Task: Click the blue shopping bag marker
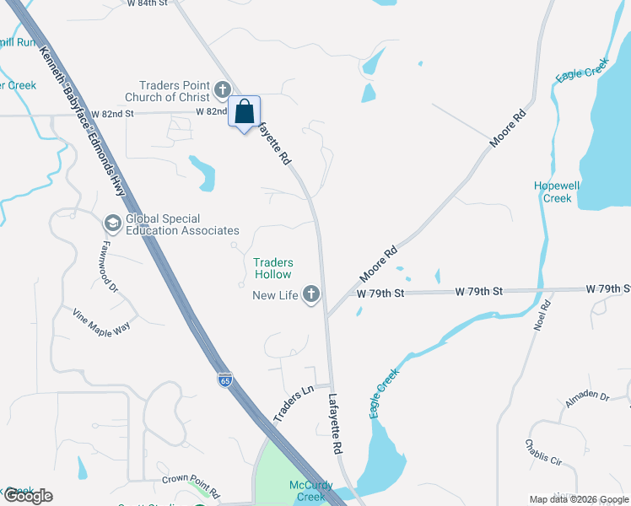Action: click(244, 112)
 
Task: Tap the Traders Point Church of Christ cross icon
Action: click(223, 89)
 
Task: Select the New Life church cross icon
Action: click(311, 294)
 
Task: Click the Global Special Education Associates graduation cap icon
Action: click(111, 223)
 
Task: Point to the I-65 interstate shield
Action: click(224, 379)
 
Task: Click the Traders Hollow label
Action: click(273, 268)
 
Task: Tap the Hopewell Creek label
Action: click(553, 192)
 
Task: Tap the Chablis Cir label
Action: click(543, 453)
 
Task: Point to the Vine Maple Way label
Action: click(100, 320)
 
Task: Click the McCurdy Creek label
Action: click(310, 491)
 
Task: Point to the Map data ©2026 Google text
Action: click(578, 499)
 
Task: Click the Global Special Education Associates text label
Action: click(182, 224)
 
